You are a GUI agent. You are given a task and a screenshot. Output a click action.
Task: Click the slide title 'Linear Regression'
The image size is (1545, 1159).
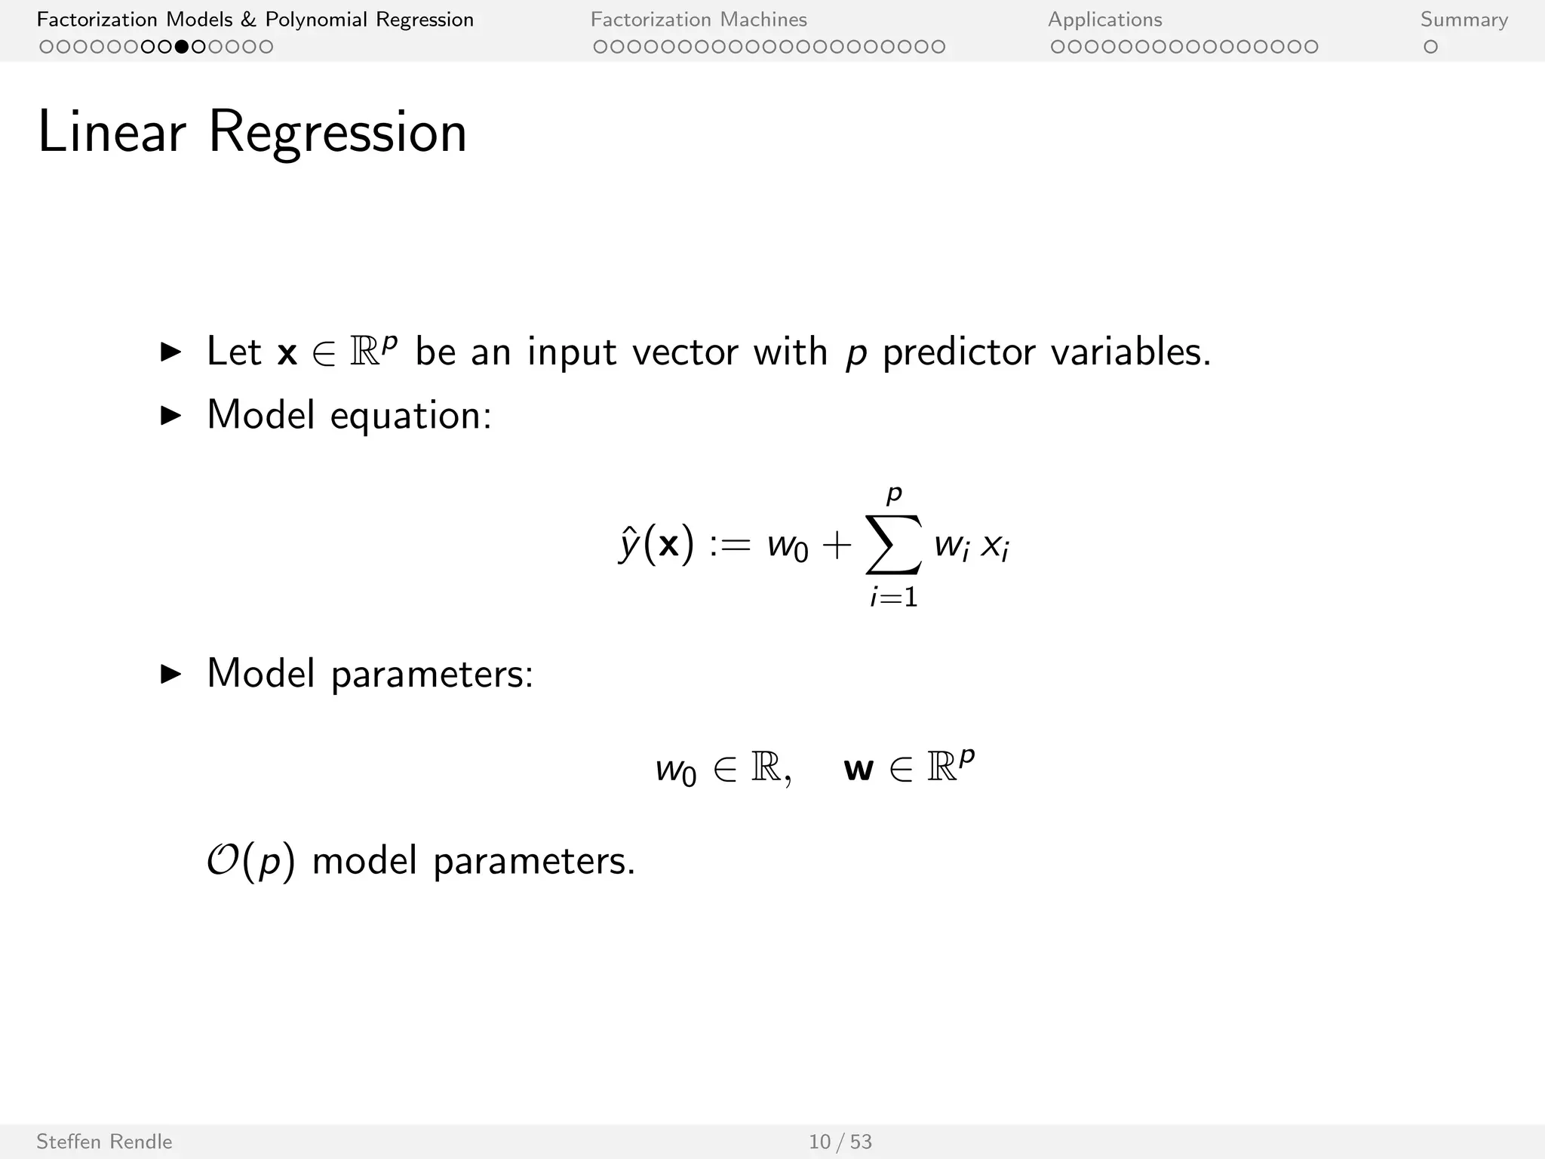point(252,133)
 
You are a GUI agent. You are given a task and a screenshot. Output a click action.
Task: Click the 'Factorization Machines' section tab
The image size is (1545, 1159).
point(699,20)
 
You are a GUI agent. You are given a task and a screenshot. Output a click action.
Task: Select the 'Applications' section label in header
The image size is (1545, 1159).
point(1104,20)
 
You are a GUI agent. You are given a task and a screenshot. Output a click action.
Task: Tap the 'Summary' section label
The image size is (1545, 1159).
point(1464,20)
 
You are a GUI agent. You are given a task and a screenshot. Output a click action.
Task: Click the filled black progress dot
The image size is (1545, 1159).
point(182,47)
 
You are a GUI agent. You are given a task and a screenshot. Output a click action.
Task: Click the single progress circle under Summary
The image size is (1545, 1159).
point(1430,47)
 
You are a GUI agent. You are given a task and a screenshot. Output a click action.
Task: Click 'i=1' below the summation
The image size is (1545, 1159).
point(893,598)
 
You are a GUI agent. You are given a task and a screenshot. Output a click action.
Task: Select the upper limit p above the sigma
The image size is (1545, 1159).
point(894,494)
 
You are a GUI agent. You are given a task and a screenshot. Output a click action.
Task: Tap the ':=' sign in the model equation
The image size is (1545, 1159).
point(729,545)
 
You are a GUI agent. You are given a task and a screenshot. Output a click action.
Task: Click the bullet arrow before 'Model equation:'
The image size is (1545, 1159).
point(172,416)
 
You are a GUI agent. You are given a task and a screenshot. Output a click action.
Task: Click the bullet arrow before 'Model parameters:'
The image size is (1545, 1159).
point(172,674)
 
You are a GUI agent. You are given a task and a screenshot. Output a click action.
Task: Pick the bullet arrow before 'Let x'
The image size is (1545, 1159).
point(172,352)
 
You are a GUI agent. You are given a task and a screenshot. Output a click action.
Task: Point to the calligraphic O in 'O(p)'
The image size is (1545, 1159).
point(223,860)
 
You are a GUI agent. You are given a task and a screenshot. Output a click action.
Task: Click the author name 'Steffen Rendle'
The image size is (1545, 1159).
point(104,1142)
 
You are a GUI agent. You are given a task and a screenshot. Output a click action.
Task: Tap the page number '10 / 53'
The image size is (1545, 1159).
point(840,1142)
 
